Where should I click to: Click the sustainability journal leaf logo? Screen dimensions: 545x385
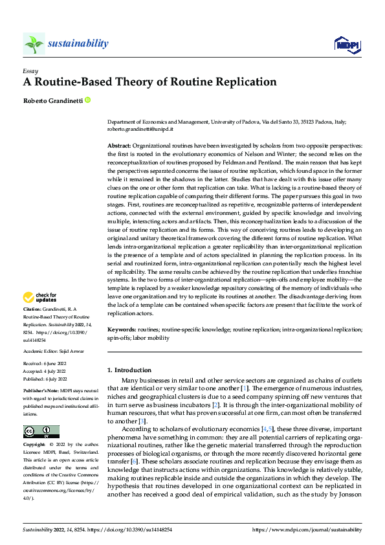[x=34, y=44]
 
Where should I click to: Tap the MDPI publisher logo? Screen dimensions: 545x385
[x=347, y=44]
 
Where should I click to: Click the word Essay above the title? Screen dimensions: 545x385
[x=30, y=71]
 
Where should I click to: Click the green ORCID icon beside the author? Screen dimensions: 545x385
[x=87, y=100]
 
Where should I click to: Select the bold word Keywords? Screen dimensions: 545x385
[x=121, y=329]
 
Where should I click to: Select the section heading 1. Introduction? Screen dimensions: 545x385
[x=129, y=370]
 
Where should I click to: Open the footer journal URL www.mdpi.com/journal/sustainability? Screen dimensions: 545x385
[x=307, y=529]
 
